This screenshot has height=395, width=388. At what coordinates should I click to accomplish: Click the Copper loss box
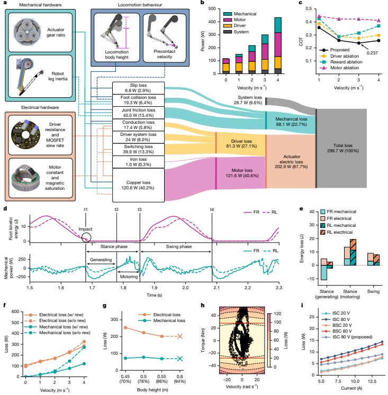[x=138, y=185]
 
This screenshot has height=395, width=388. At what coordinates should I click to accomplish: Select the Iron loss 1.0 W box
[x=138, y=162]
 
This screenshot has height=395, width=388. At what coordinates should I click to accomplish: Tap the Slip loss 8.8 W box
[x=138, y=88]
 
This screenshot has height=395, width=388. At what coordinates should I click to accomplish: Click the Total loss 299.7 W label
[x=342, y=148]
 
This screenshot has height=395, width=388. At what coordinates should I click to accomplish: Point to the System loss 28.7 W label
[x=250, y=100]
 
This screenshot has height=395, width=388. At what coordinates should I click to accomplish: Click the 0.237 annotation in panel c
[x=372, y=53]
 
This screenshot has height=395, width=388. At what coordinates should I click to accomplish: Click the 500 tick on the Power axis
[x=212, y=8]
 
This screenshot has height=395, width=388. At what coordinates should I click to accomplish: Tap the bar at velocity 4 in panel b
[x=278, y=45]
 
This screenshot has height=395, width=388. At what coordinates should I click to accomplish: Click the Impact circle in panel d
[x=86, y=237]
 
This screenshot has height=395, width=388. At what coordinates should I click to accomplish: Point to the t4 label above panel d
[x=212, y=209]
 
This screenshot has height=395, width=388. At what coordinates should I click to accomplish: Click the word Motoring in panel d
[x=129, y=277]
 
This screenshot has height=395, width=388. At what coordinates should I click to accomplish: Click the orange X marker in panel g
[x=180, y=336]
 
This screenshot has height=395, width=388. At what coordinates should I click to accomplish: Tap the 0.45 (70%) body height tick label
[x=125, y=379]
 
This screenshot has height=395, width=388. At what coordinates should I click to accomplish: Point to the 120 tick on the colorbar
[x=277, y=314]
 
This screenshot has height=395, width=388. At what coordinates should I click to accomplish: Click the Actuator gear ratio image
[x=27, y=32]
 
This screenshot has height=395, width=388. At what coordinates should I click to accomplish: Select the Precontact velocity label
[x=165, y=54]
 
